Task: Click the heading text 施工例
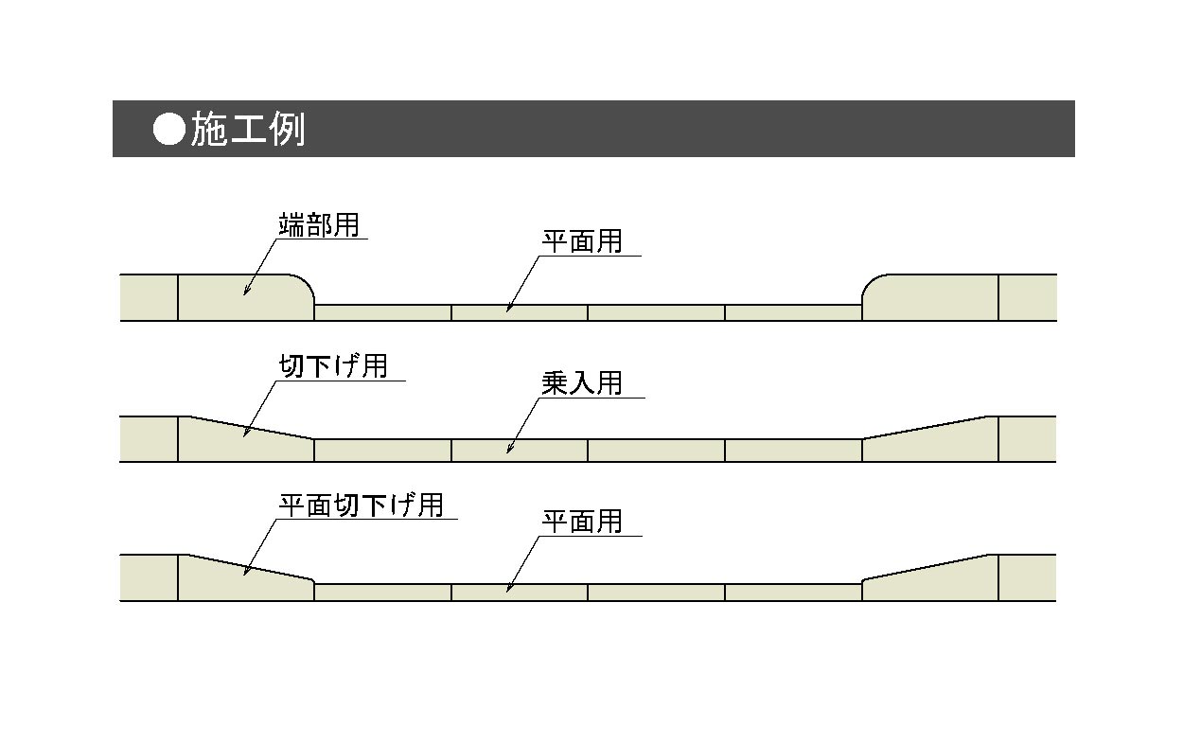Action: coord(248,129)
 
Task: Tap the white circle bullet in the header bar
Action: coord(169,129)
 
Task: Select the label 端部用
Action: coord(319,225)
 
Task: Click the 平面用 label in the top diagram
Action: coord(582,241)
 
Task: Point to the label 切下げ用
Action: coord(333,366)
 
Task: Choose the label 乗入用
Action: coord(582,383)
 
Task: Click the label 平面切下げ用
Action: coord(362,505)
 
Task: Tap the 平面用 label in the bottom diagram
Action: coord(582,522)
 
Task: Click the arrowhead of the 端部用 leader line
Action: coord(245,292)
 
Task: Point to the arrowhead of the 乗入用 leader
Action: coord(509,450)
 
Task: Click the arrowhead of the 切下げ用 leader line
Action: coord(245,433)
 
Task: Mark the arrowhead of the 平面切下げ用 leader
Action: coord(245,572)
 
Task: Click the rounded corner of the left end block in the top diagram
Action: coord(307,282)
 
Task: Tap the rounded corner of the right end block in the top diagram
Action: coord(870,282)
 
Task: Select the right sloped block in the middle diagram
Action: coord(930,442)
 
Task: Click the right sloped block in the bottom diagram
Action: coord(930,580)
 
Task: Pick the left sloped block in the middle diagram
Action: coord(245,441)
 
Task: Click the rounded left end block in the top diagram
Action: coord(245,297)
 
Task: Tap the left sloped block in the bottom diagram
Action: coord(245,579)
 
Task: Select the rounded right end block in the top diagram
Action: coord(930,297)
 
